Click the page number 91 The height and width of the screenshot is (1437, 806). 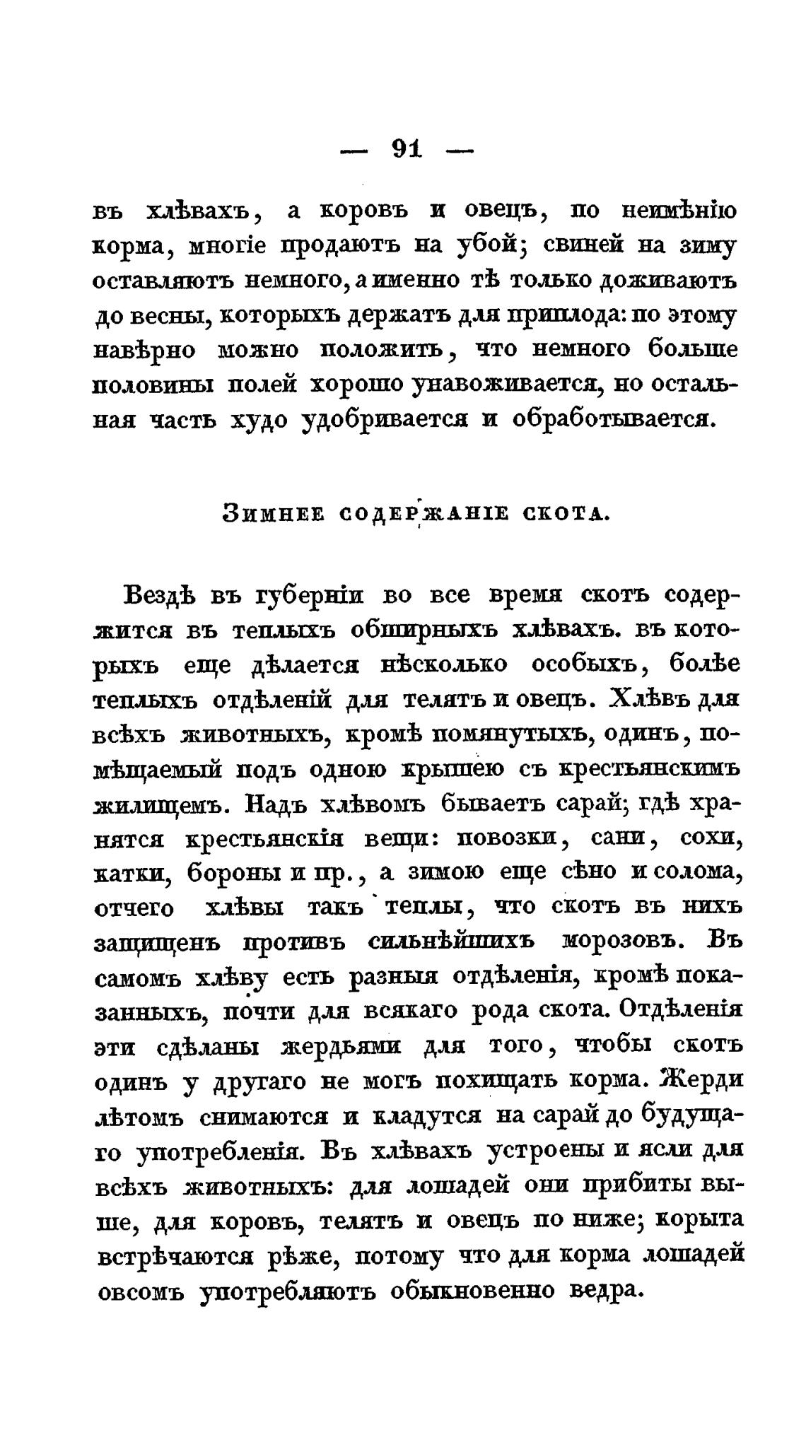coord(405,149)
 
